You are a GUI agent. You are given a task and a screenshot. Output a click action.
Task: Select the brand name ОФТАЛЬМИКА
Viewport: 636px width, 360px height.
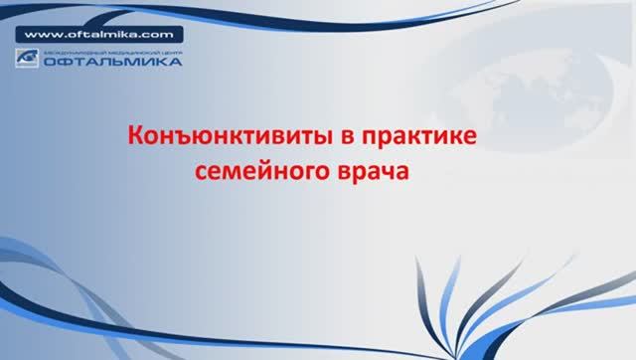point(111,63)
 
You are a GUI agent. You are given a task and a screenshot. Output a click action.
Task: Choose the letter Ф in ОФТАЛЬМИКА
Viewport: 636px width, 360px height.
point(60,63)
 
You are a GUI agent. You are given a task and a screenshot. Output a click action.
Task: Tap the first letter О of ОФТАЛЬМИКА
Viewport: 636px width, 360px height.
point(47,63)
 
